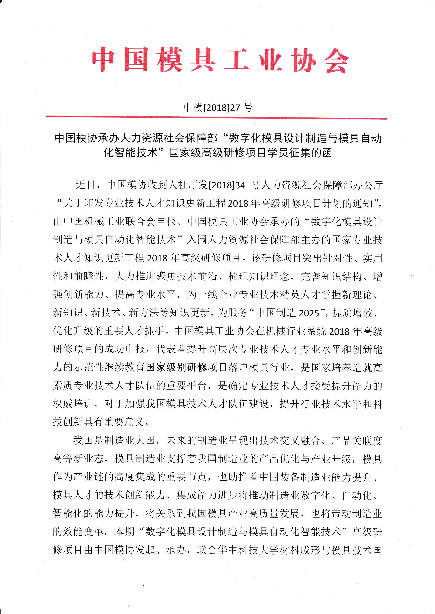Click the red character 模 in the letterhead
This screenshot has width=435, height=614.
(x=170, y=60)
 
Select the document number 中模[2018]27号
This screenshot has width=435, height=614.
(x=217, y=107)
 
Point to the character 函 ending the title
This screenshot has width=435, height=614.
(x=327, y=153)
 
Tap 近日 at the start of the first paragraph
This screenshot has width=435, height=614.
(x=86, y=185)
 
